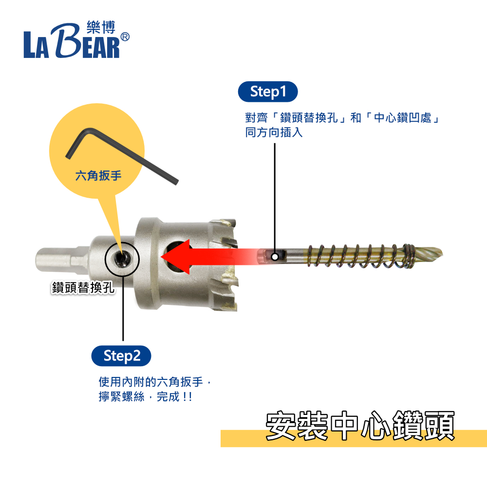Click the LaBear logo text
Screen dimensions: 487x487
tap(72, 41)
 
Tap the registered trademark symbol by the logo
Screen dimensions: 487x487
tap(125, 37)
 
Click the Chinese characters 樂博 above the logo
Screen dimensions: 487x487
tap(101, 27)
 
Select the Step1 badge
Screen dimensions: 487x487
tap(268, 92)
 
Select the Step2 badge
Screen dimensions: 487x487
tap(121, 356)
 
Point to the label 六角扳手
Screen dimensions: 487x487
tap(98, 176)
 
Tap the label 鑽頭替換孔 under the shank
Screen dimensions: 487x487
tap(83, 287)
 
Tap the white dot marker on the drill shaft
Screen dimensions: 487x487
tap(275, 257)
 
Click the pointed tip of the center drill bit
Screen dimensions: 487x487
tap(442, 252)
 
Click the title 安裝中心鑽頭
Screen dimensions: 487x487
tap(360, 426)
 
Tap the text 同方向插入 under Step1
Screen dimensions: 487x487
tap(274, 132)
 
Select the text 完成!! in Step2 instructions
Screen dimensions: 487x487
tap(174, 396)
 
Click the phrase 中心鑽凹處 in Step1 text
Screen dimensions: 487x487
tap(403, 118)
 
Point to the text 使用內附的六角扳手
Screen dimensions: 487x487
tap(150, 382)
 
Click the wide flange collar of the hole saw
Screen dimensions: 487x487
tap(149, 263)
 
